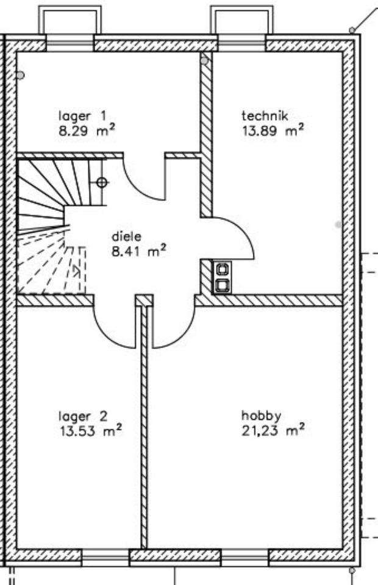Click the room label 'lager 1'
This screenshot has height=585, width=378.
tap(82, 116)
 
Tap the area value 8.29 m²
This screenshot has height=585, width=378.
tap(87, 130)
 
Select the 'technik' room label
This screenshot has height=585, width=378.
tap(264, 116)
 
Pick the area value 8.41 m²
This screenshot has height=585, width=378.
tap(138, 250)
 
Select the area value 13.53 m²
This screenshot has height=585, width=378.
tap(90, 431)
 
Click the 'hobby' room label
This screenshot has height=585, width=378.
tap(261, 417)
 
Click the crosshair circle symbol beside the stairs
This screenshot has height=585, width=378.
tap(102, 182)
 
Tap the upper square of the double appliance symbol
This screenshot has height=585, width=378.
tap(222, 268)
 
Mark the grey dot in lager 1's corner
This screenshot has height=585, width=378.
tap(21, 75)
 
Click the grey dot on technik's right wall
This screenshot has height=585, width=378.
tap(338, 225)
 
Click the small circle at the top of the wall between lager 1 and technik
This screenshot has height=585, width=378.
tap(205, 60)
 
